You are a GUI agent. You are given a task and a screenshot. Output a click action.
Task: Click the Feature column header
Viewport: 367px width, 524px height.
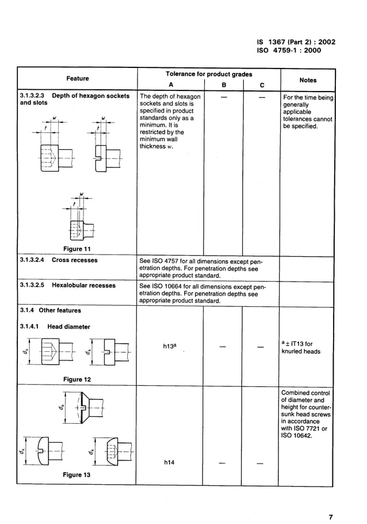click(x=77, y=78)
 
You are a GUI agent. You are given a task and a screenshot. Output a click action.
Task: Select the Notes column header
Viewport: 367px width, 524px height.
click(x=308, y=80)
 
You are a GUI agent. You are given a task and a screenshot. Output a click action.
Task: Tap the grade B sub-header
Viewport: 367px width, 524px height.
click(x=224, y=85)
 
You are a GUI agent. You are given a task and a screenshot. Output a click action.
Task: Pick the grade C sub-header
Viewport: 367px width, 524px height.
click(x=262, y=85)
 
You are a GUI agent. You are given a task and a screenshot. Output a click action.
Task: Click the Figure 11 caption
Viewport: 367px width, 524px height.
click(x=77, y=249)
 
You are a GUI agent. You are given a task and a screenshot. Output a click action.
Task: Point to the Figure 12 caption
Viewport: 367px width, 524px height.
click(x=77, y=379)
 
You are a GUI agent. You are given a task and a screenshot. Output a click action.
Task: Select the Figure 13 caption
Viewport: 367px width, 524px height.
click(x=77, y=475)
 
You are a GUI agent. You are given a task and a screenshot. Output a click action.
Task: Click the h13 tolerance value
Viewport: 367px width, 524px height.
click(x=169, y=347)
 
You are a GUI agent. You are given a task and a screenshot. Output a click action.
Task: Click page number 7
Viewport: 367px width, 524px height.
click(x=331, y=517)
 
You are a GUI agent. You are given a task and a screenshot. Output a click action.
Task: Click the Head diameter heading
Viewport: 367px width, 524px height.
click(x=68, y=326)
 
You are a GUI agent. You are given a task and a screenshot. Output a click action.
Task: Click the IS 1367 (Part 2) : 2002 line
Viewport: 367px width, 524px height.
click(x=296, y=42)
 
